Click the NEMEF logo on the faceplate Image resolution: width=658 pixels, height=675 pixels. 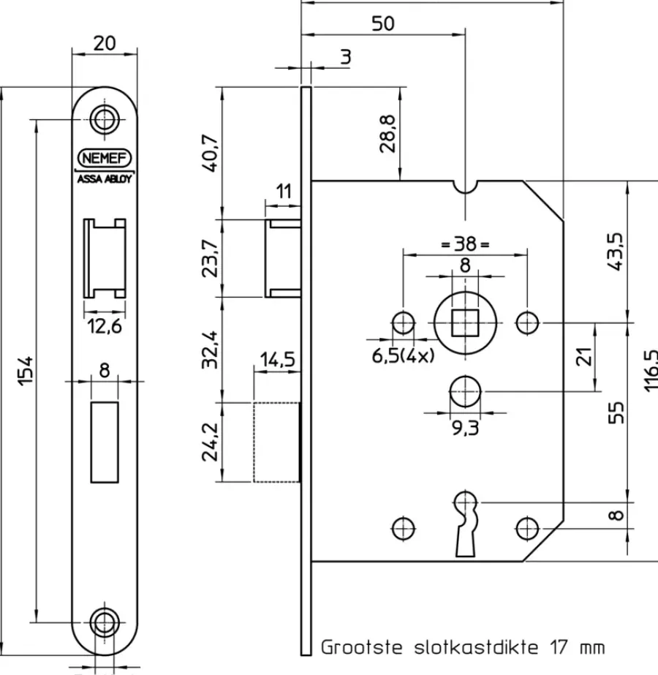104,158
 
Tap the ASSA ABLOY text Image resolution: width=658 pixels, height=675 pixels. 104,178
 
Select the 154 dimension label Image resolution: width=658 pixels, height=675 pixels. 26,370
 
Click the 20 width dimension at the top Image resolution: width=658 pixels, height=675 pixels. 105,43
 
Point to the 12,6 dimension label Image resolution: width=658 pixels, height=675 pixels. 105,326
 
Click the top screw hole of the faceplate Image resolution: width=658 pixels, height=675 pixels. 104,119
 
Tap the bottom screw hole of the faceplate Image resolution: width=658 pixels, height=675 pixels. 104,622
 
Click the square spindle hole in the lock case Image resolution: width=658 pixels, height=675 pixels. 465,323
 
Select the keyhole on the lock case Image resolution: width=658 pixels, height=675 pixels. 465,523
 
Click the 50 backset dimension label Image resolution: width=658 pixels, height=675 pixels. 382,23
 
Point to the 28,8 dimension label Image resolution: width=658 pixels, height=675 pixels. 387,133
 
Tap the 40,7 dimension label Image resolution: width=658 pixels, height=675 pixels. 211,154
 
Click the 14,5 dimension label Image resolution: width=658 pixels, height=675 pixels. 278,359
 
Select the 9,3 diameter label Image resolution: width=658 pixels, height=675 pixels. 465,429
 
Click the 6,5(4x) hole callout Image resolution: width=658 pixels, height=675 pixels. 404,355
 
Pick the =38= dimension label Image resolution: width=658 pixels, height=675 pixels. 465,244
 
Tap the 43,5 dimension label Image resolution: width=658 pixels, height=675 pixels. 616,252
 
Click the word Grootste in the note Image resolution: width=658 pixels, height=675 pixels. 362,647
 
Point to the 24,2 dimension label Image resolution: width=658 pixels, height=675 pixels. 211,442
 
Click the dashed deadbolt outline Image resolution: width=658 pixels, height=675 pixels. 254,442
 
